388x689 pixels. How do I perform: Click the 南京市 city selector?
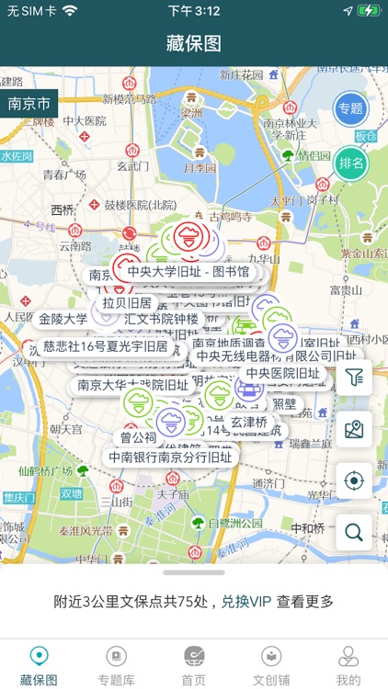29,103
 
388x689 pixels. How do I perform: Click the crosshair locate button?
354,480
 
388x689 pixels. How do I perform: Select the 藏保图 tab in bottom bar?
39,665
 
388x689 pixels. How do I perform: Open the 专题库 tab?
116,665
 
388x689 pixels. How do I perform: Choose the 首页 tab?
193,665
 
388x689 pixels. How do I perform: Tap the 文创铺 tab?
270,665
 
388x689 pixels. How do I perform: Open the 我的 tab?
348,665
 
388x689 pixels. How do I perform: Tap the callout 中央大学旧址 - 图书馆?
188,272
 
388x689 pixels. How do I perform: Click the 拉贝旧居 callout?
127,302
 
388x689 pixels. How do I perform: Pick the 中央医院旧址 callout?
282,373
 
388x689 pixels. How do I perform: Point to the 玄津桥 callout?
248,422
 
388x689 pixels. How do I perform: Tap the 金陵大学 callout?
63,319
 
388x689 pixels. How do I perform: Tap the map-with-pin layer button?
354,428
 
